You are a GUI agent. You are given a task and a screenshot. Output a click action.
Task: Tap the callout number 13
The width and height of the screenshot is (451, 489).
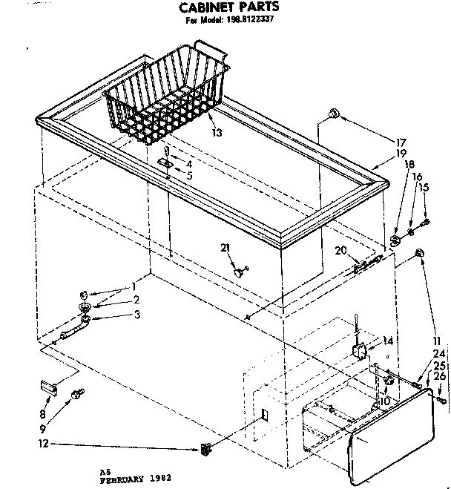[x=217, y=133]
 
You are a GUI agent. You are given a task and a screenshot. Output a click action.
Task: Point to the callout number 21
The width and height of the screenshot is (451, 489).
[x=225, y=248]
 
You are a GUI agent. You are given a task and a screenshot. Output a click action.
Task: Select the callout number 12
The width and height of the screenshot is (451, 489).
[x=23, y=445]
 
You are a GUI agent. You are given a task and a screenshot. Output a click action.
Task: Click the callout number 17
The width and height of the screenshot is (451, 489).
[x=401, y=142]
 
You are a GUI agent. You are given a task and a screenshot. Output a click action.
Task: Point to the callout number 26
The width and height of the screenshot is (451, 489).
[x=439, y=377]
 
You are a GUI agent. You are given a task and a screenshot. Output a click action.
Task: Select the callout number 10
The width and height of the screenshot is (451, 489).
[x=383, y=401]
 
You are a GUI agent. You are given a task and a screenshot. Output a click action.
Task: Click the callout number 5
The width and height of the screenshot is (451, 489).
[x=190, y=176]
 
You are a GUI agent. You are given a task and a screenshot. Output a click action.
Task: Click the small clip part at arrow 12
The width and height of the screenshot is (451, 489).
[x=205, y=449]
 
